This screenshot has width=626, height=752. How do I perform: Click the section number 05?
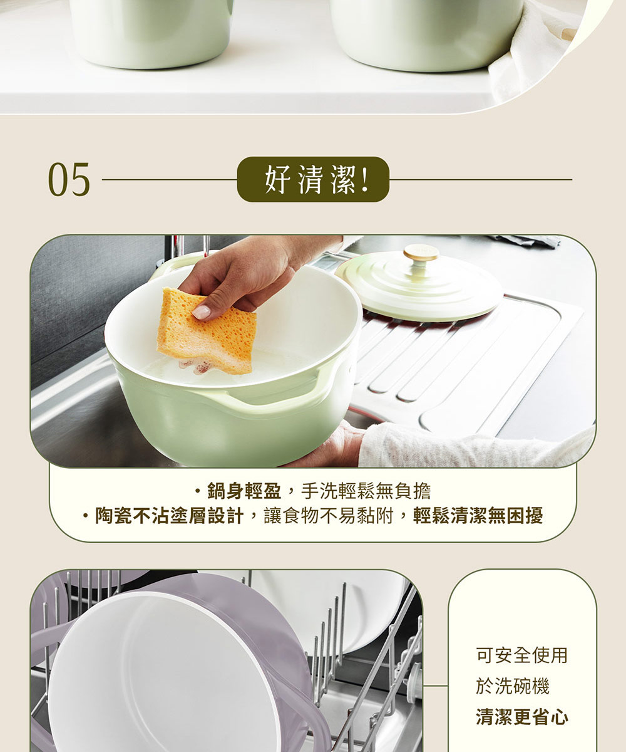(x=69, y=179)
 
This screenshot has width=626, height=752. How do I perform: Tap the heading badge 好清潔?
(x=313, y=179)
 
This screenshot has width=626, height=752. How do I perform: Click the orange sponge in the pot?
(x=207, y=331)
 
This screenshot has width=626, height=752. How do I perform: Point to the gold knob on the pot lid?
(x=421, y=253)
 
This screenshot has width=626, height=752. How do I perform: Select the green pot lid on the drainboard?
(x=419, y=285)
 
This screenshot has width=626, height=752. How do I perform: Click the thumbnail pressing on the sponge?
(x=201, y=311)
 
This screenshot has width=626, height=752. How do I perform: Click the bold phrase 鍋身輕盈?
(x=244, y=491)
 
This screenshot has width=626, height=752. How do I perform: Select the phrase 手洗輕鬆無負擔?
(x=366, y=491)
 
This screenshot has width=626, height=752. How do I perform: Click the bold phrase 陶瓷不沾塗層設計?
(x=170, y=516)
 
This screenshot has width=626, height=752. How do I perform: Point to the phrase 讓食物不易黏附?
(x=329, y=516)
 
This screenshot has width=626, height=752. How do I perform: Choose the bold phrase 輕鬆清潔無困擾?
(x=478, y=516)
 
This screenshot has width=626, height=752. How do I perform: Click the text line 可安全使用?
(x=521, y=655)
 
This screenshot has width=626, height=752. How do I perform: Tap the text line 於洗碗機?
(x=513, y=686)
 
